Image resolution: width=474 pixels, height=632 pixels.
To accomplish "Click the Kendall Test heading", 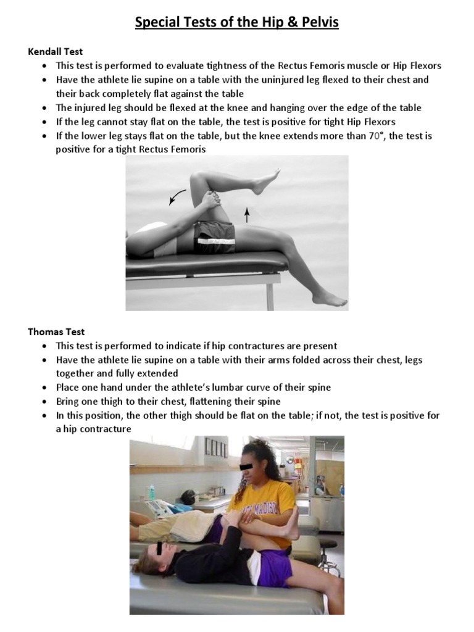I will click(x=56, y=52).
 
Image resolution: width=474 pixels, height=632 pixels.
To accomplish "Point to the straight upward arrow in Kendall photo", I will click(x=247, y=215).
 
